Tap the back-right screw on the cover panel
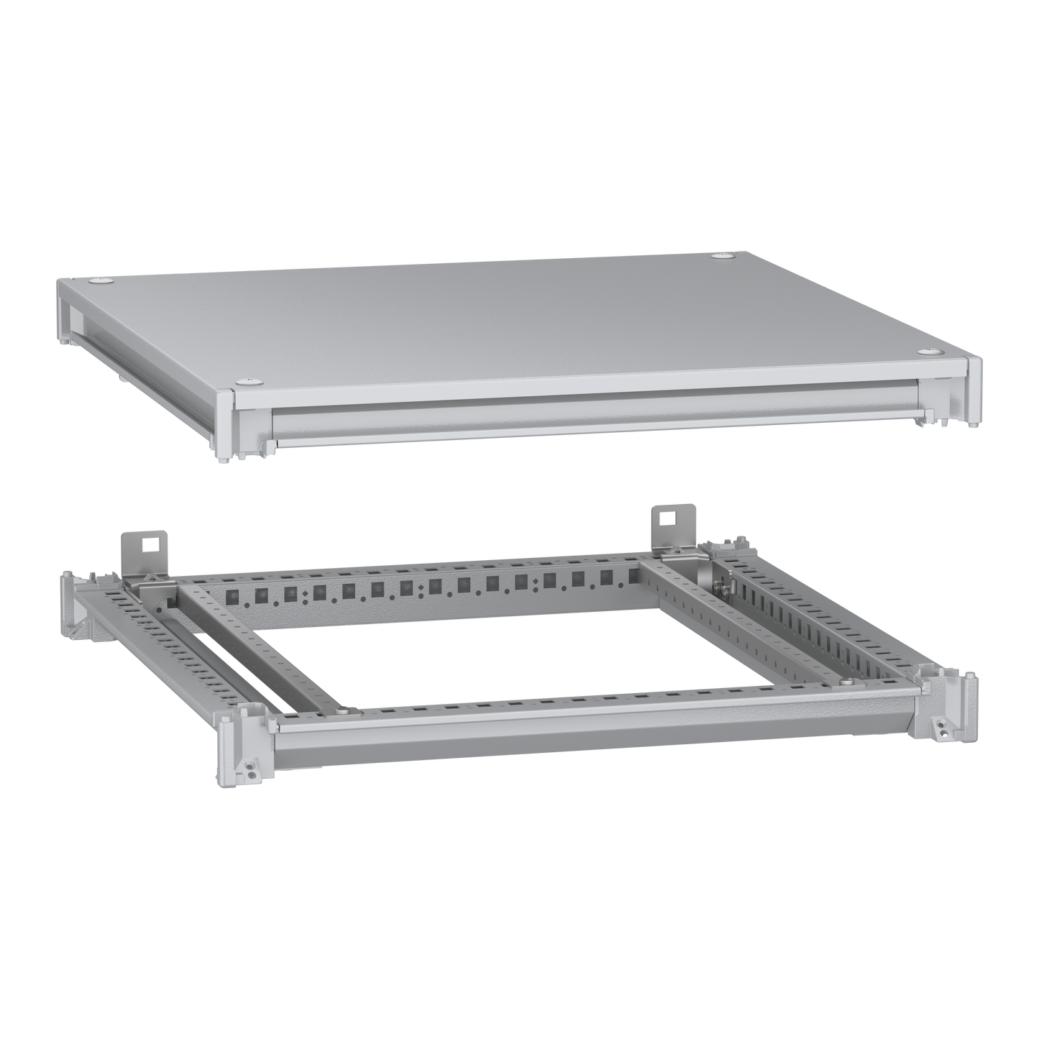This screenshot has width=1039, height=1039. click(x=721, y=256)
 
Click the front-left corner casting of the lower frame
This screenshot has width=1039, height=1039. click(x=241, y=741)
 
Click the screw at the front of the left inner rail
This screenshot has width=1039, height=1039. click(x=348, y=712)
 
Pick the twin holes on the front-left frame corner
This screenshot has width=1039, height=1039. click(x=250, y=772)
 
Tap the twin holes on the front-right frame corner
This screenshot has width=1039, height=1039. click(x=941, y=729)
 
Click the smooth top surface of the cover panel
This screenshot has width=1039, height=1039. click(x=503, y=324)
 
